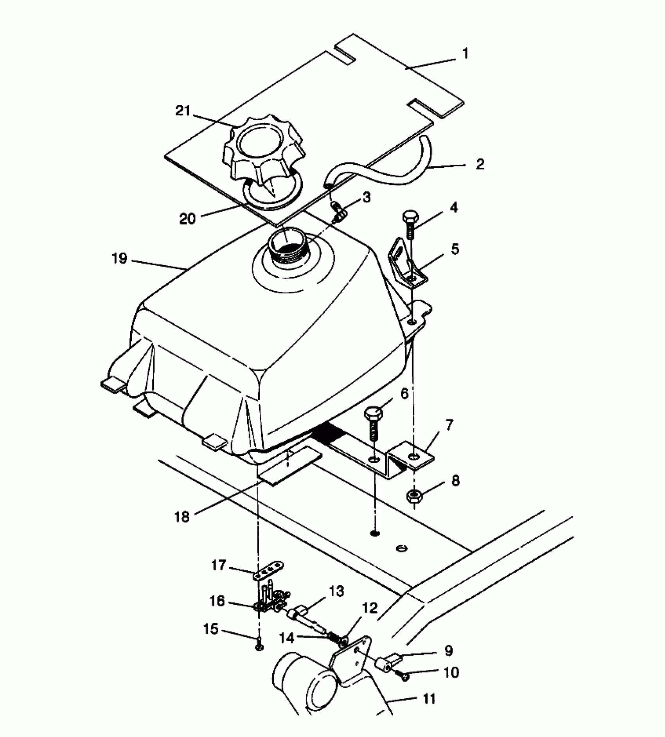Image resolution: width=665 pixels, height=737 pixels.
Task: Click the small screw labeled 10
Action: click(404, 676)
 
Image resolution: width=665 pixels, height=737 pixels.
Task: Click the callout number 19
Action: click(120, 259)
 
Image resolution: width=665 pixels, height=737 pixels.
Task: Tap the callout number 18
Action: click(183, 517)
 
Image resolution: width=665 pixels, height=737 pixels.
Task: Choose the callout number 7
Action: click(449, 425)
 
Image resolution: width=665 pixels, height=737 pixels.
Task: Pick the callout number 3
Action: click(367, 198)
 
